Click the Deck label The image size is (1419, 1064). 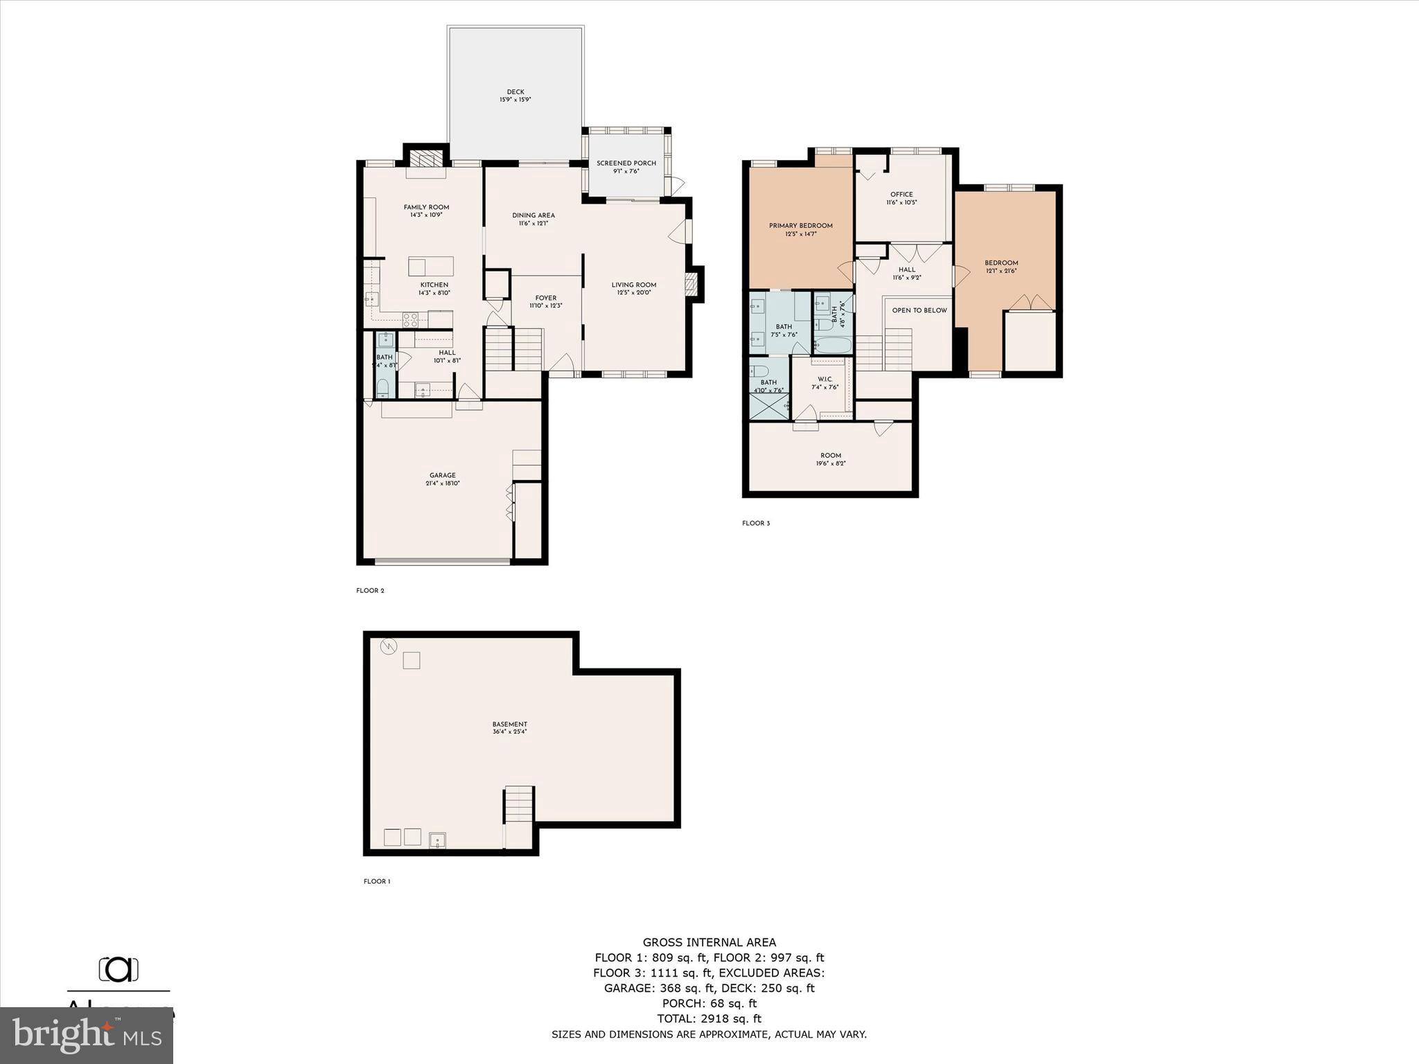coord(515,92)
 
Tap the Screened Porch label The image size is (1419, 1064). coord(626,163)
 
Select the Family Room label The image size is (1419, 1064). coord(426,207)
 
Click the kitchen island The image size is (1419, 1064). coord(431,266)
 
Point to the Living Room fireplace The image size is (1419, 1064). coord(691,285)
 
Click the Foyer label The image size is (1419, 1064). coord(546,298)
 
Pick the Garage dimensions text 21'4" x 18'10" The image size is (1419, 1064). coord(443,484)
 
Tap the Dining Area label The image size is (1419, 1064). coord(533,215)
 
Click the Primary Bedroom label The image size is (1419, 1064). coord(800,226)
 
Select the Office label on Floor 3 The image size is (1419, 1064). coord(901,195)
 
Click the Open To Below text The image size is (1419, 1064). coord(919,310)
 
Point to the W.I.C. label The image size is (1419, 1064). coord(825,379)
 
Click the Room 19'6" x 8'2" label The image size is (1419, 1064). coord(830,456)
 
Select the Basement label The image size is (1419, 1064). coord(510,724)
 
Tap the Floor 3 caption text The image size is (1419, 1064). coord(756,523)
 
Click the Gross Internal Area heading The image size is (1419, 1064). coord(709,942)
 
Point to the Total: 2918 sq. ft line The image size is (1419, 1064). coord(709,1019)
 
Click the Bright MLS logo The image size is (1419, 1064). coord(87,1036)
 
